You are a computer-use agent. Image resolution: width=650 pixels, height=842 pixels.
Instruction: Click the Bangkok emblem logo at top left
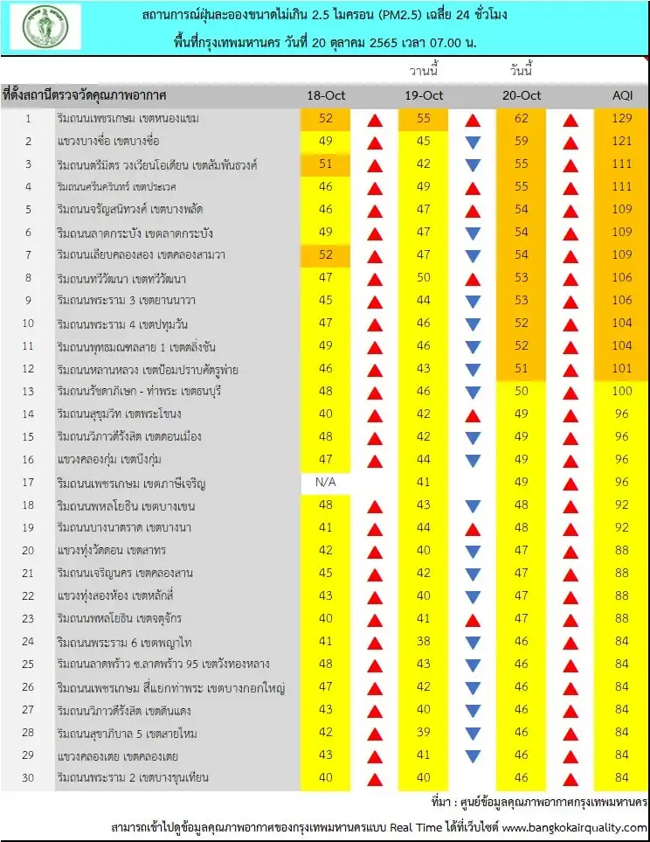click(x=45, y=27)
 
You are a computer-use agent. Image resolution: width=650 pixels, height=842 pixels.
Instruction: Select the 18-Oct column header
click(x=326, y=95)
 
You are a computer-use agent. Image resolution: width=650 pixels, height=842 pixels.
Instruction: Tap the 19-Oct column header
click(x=424, y=95)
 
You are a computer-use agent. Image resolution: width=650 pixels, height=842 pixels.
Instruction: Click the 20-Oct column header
click(x=522, y=95)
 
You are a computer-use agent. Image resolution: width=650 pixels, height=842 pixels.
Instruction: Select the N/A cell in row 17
click(x=326, y=482)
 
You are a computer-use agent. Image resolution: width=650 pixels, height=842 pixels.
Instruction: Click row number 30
click(x=28, y=777)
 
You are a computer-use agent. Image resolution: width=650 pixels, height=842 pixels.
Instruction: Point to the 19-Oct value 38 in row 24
click(x=424, y=641)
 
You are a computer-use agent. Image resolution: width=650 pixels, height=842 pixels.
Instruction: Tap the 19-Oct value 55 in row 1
click(x=424, y=118)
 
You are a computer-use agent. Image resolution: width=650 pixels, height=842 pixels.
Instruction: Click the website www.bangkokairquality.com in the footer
click(x=575, y=827)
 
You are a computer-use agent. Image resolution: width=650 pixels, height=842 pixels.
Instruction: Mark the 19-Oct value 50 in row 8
click(x=424, y=277)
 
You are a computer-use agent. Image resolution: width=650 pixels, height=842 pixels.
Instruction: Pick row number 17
click(x=28, y=482)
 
